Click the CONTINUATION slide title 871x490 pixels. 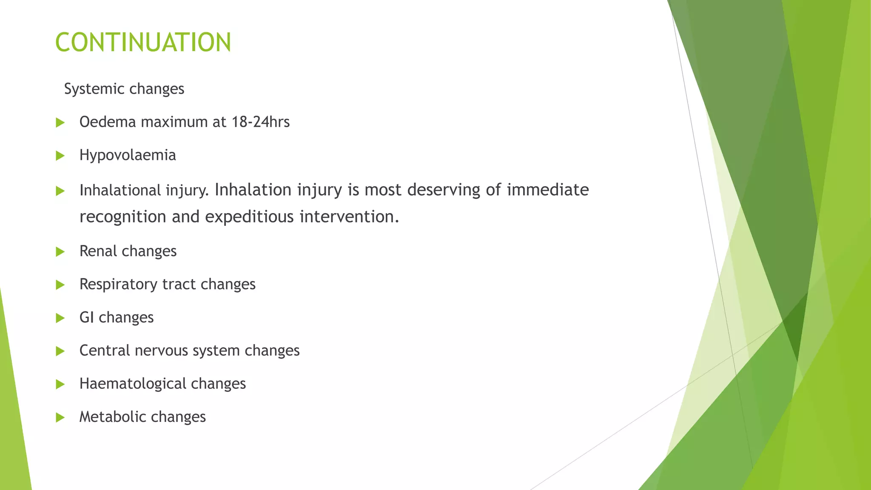(x=143, y=43)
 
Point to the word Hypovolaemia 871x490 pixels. (x=128, y=155)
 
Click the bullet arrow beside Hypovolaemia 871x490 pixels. (x=60, y=156)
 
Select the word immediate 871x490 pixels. (x=548, y=190)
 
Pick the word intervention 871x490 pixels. (x=349, y=217)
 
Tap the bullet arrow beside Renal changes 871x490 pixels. (x=60, y=252)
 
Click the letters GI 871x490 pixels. (x=86, y=317)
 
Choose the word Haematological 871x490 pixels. (x=133, y=384)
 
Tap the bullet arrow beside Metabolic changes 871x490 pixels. (x=60, y=418)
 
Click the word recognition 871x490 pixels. (x=122, y=217)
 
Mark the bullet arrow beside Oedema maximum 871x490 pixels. (x=60, y=123)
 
